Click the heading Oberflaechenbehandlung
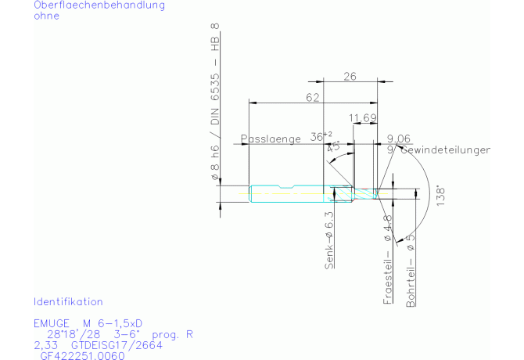tap(99, 5)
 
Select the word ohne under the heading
tap(46, 16)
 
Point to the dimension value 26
tap(350, 76)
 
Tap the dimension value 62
tap(313, 97)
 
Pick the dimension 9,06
tap(399, 138)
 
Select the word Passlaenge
tap(271, 139)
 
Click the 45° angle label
tap(334, 146)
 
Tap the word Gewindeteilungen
tap(445, 149)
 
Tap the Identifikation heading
tap(68, 301)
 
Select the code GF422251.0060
tap(81, 355)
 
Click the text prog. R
tap(174, 333)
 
